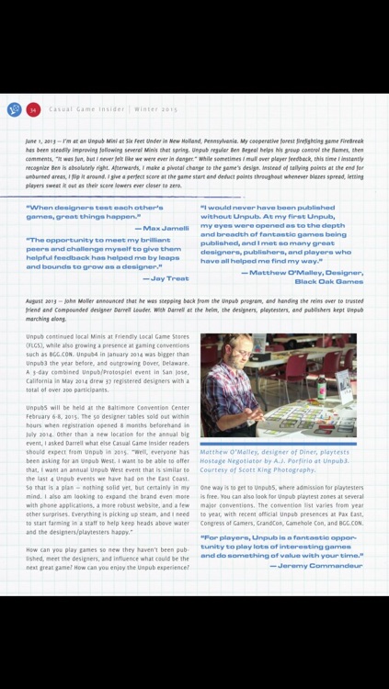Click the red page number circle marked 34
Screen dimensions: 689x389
click(33, 109)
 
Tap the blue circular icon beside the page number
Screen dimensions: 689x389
click(14, 109)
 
